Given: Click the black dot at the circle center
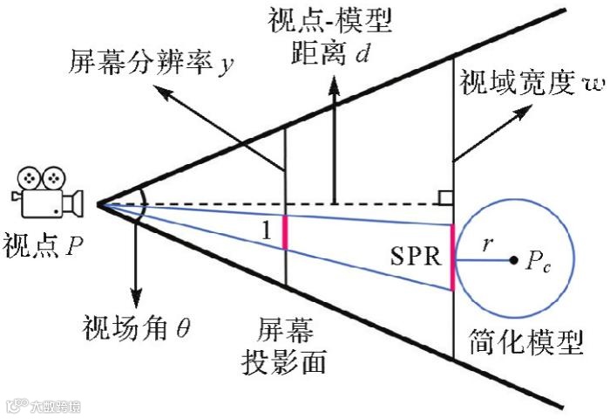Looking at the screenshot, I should [x=513, y=259].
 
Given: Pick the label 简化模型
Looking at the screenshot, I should [x=525, y=342].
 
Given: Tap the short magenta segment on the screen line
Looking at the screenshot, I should [x=285, y=232].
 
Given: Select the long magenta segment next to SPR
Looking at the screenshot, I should [x=452, y=257].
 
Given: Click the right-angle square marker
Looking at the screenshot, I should [x=445, y=197].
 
